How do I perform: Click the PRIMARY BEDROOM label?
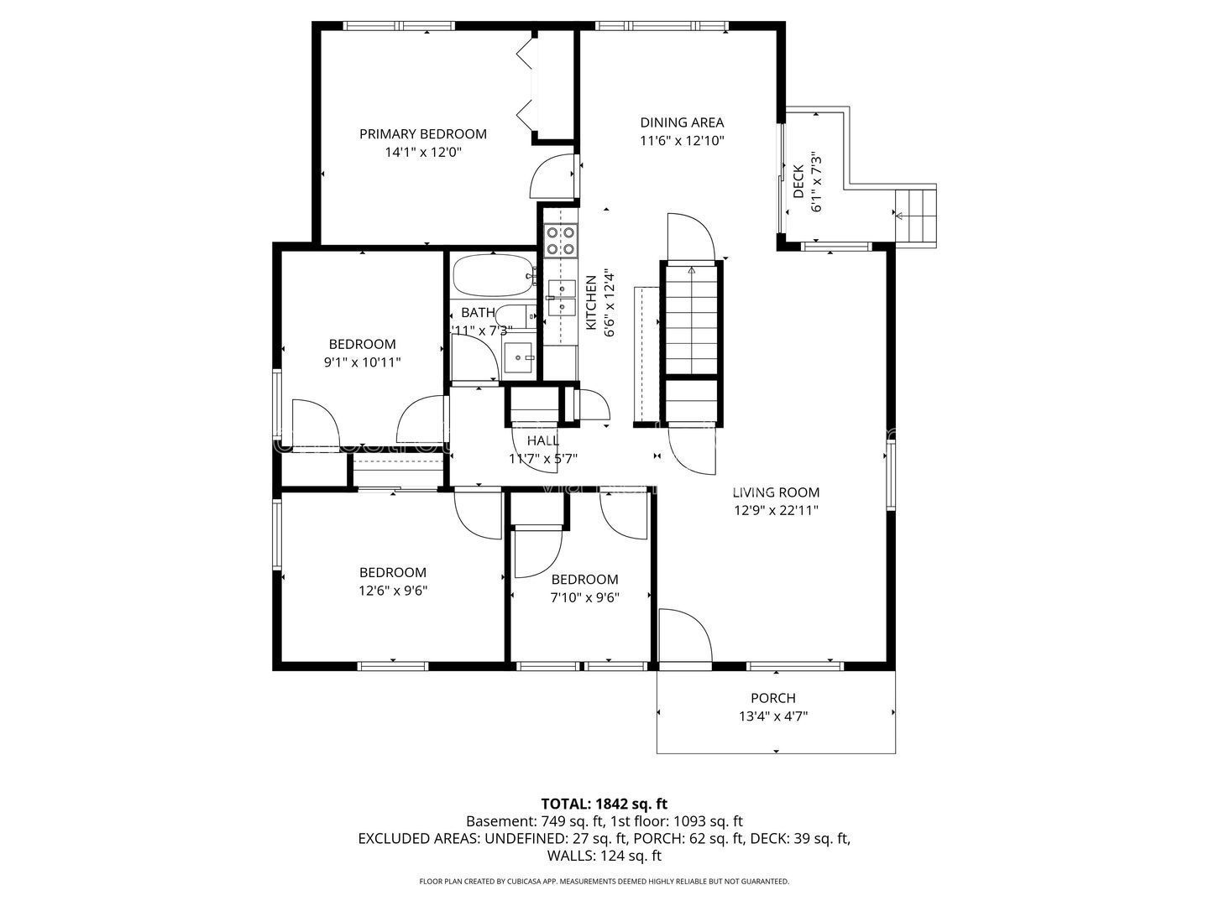(423, 134)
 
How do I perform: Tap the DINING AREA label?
(682, 122)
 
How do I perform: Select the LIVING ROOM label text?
(775, 492)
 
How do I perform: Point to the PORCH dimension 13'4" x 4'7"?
(773, 716)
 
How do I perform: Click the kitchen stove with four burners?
(561, 241)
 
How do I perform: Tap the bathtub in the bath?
(492, 276)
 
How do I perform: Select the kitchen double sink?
(561, 298)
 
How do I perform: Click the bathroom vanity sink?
(519, 357)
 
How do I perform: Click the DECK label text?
(798, 182)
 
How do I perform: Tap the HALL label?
(542, 440)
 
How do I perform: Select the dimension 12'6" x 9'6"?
(393, 590)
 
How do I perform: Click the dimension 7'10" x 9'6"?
(585, 597)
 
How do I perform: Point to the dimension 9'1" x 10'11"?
(362, 362)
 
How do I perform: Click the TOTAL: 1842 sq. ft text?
(604, 804)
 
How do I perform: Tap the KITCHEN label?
(590, 302)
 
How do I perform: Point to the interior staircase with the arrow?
(692, 319)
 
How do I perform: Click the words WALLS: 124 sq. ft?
(604, 856)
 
